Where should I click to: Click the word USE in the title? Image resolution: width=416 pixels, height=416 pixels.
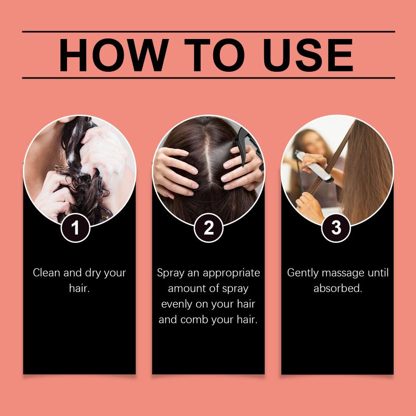(x=308, y=55)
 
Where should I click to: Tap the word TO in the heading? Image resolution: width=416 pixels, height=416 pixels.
(x=215, y=55)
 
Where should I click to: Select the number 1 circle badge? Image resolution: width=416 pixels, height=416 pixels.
(x=75, y=228)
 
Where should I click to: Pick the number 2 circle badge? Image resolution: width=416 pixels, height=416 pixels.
(x=209, y=228)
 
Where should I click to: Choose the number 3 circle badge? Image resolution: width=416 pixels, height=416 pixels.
(x=336, y=228)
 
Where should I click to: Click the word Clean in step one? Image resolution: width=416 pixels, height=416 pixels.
(x=46, y=272)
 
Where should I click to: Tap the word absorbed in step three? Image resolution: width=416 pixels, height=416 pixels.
(x=337, y=288)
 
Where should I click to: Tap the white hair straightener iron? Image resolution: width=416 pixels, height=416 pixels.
(x=315, y=166)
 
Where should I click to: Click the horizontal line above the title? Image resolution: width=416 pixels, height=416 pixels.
(x=209, y=32)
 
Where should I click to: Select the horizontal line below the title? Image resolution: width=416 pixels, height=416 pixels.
(x=209, y=78)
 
